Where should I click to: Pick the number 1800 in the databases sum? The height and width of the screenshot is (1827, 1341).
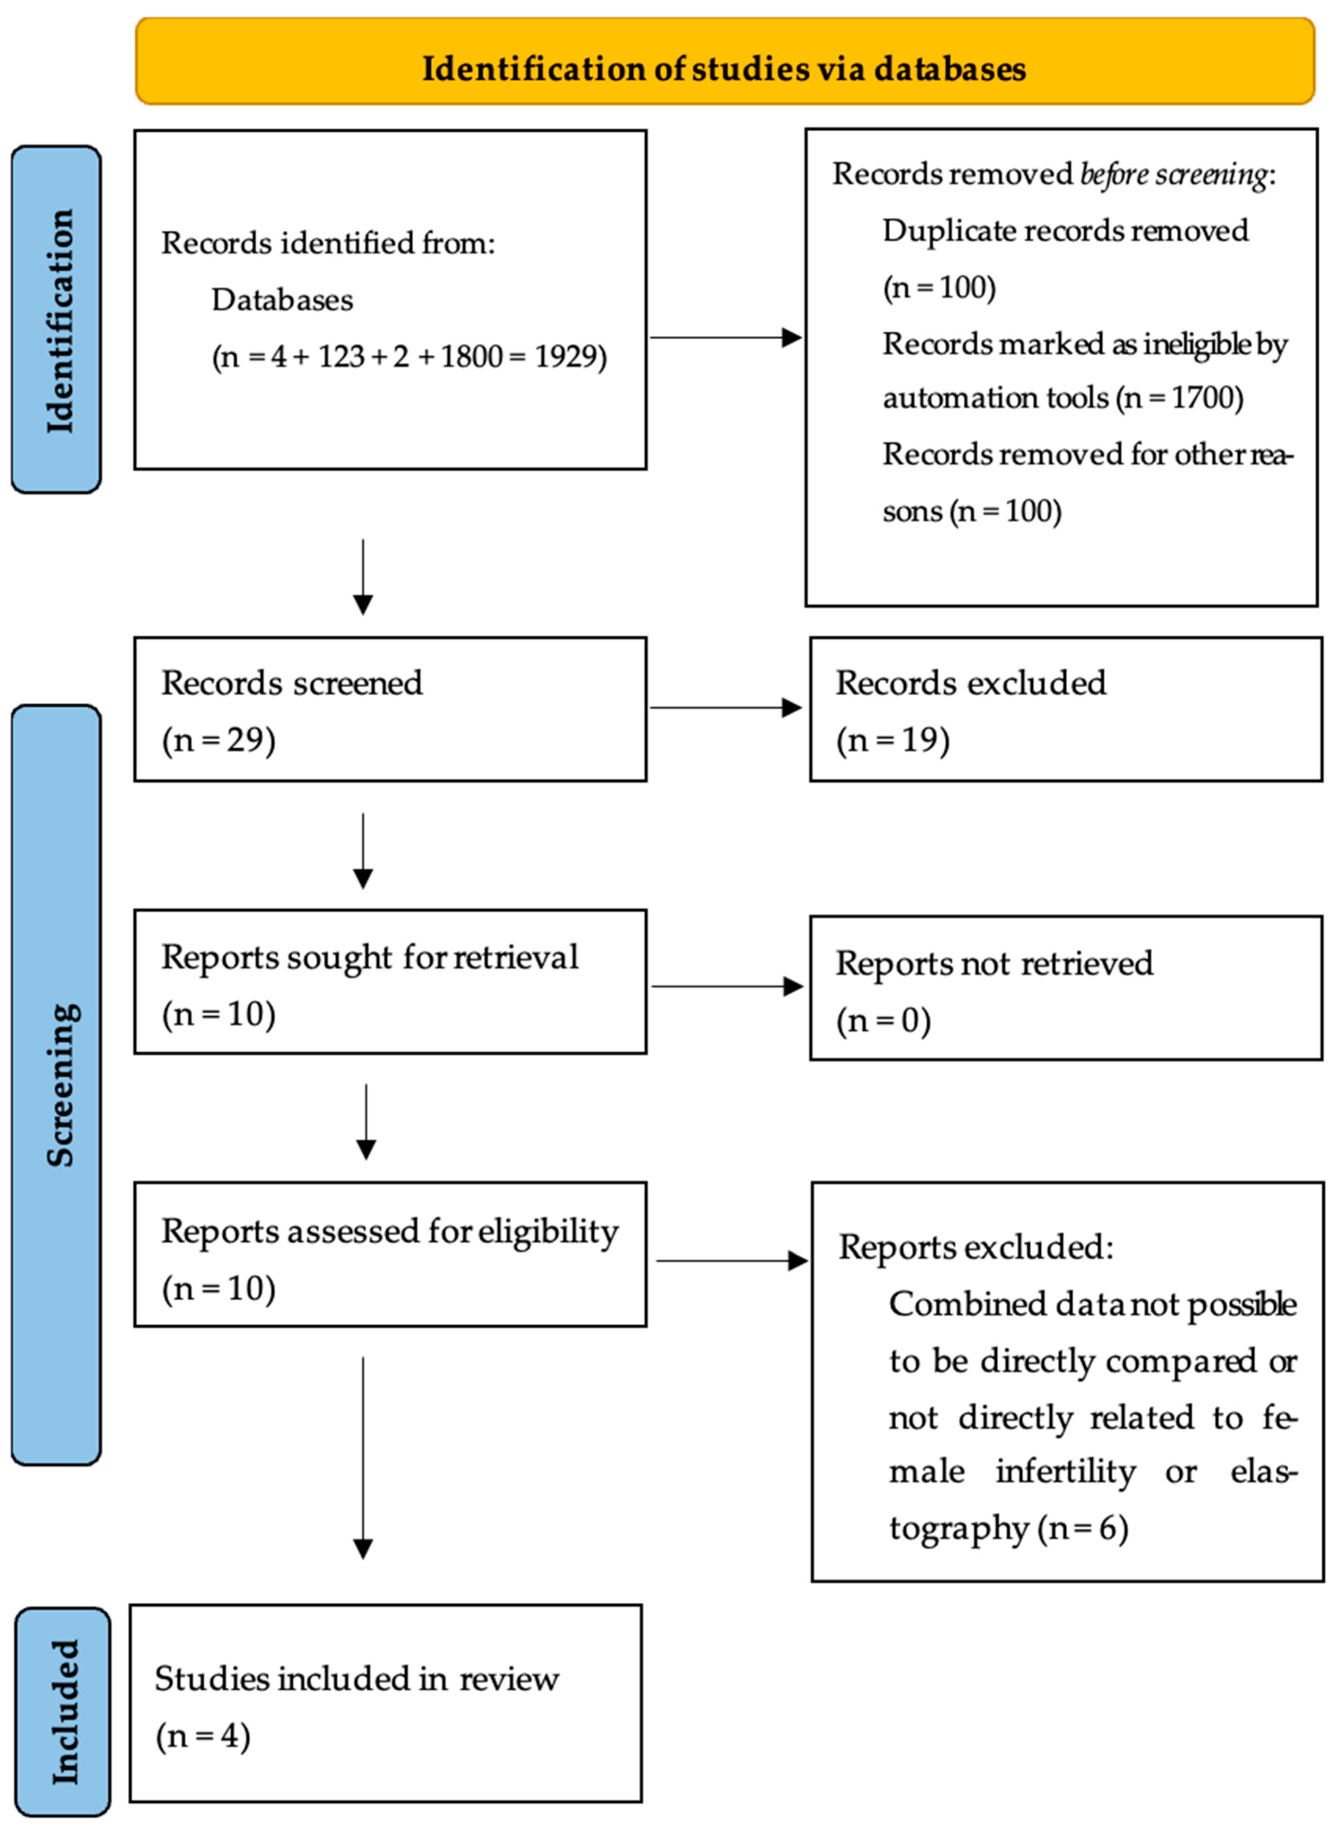tap(471, 356)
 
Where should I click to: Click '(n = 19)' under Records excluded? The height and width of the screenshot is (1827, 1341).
tap(893, 740)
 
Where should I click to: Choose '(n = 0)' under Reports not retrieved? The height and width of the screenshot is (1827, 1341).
tap(883, 1020)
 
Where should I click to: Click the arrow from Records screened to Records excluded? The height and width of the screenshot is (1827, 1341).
tap(725, 708)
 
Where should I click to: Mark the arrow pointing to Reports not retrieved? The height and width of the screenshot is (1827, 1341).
tap(727, 986)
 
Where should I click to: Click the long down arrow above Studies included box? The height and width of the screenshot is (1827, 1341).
tap(363, 1457)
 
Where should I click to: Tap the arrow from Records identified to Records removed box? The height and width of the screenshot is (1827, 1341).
tap(725, 338)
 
